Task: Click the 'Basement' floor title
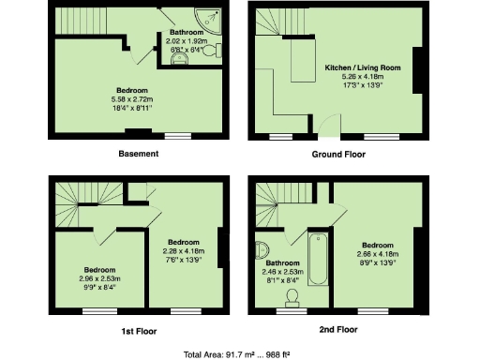point(139,154)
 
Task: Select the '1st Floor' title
point(138,330)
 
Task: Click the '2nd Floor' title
point(338,330)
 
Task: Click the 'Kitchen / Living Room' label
point(362,69)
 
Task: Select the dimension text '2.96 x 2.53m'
point(99,279)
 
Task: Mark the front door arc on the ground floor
point(329,128)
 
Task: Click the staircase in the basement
point(89,21)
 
